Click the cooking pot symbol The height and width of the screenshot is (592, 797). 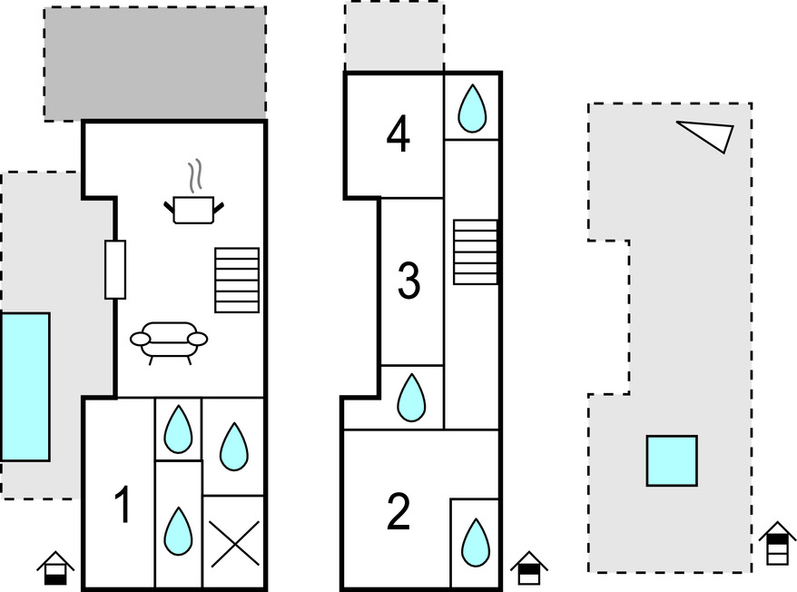(x=195, y=209)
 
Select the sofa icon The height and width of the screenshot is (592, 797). (x=169, y=340)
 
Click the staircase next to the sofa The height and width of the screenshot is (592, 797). (x=237, y=280)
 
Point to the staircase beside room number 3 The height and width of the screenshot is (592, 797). (x=476, y=252)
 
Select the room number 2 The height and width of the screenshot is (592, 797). (x=398, y=511)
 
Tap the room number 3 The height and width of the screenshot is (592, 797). (x=409, y=281)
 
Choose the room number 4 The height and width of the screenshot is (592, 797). (x=398, y=135)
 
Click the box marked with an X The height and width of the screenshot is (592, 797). (x=234, y=544)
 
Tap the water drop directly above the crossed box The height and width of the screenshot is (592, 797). (x=234, y=447)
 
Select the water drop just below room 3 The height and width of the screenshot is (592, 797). (x=412, y=398)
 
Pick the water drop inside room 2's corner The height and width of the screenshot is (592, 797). (x=475, y=541)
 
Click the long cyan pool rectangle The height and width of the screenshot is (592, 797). (x=25, y=387)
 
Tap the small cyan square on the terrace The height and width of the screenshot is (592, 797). (x=672, y=460)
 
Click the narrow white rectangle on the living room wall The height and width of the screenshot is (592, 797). (x=115, y=270)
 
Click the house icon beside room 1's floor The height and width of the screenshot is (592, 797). (x=55, y=568)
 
